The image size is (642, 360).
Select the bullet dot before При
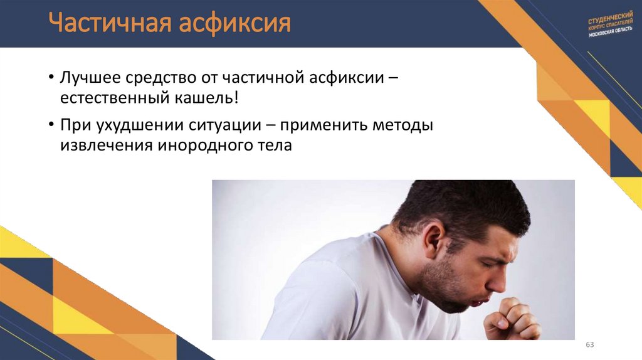[51, 125]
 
